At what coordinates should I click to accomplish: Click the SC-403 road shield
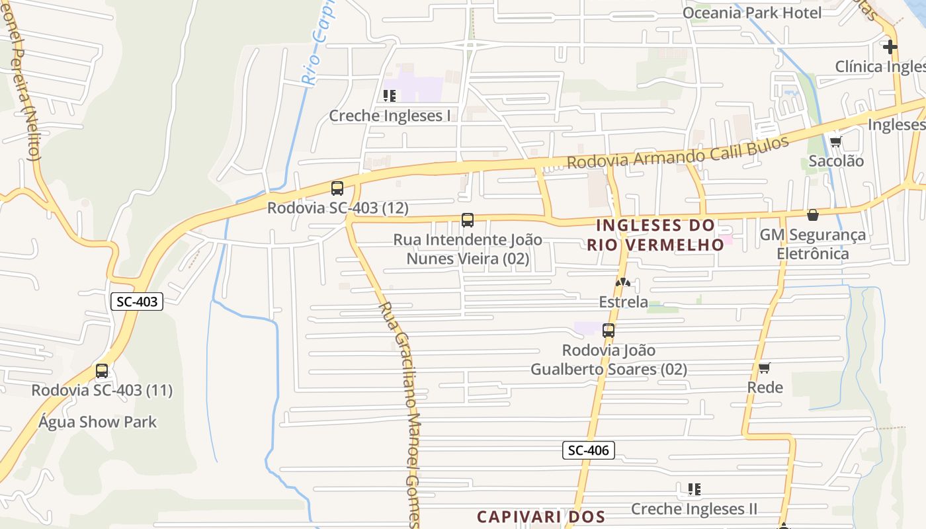click(137, 302)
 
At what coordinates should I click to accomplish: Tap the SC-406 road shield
click(589, 450)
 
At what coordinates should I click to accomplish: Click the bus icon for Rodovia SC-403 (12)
click(337, 188)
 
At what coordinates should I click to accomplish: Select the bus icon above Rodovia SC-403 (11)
click(101, 371)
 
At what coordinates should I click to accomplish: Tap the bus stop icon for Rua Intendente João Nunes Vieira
click(468, 220)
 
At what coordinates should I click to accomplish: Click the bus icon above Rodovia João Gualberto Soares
click(609, 331)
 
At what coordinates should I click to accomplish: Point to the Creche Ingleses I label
click(390, 116)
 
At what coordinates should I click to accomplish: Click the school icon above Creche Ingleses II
click(694, 489)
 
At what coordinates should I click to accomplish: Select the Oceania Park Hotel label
click(752, 13)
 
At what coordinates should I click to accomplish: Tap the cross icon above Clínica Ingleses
click(890, 47)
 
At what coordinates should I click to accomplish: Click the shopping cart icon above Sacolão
click(835, 142)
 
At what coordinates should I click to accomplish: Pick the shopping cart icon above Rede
click(765, 368)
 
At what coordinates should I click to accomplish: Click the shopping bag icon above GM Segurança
click(813, 215)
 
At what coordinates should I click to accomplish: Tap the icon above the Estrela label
click(622, 282)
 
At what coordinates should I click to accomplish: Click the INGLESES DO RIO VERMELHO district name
click(655, 235)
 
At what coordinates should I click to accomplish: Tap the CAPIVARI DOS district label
click(541, 516)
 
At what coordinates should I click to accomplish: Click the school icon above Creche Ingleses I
click(390, 96)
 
